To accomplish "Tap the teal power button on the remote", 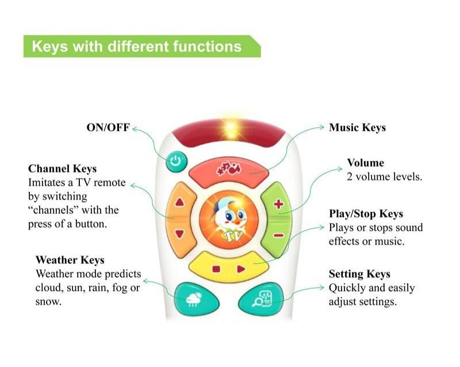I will pos(176,161).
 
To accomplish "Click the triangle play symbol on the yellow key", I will pos(241,268).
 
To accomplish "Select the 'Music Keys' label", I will pos(357,128).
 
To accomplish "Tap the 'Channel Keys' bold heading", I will pos(62,169).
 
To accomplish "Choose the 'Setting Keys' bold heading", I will pos(359,274).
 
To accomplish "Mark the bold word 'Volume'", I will pos(365,163).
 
